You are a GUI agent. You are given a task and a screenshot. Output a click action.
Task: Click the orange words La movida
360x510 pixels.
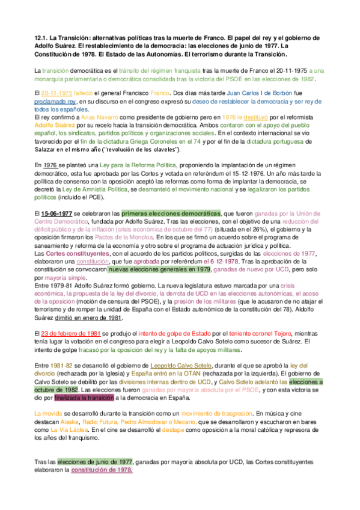pos(48,413)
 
